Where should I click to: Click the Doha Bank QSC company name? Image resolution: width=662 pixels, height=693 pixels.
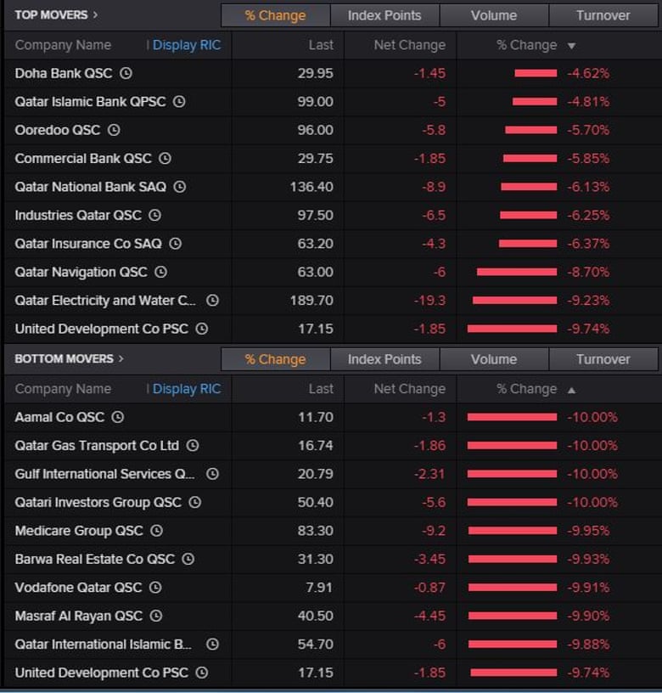(x=63, y=73)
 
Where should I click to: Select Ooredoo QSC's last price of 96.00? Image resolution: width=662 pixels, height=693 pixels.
(x=315, y=130)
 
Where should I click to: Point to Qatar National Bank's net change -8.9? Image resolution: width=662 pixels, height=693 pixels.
(x=431, y=187)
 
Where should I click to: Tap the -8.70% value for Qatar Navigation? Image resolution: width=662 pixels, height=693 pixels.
(x=588, y=272)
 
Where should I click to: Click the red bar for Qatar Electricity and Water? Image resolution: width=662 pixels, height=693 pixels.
(x=514, y=301)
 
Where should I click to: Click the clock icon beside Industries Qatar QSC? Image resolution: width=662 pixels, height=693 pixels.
(x=154, y=215)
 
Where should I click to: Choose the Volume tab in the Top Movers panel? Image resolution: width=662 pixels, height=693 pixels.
(x=493, y=15)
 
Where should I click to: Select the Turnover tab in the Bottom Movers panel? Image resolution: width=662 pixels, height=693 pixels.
(x=603, y=359)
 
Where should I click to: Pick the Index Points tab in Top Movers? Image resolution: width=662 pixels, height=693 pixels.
(x=384, y=15)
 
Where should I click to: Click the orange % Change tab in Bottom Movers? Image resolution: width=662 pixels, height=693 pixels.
(x=275, y=359)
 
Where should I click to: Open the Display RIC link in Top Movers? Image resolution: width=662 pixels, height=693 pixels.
(x=186, y=45)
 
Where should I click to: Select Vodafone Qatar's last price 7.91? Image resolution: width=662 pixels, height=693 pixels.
(x=319, y=587)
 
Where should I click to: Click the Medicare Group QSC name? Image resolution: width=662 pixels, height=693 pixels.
(x=79, y=531)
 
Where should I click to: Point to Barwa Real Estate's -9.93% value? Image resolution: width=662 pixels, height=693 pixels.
(x=592, y=559)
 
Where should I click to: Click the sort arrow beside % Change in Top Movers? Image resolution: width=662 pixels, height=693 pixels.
(x=571, y=46)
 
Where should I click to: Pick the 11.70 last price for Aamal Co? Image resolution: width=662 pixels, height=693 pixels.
(x=316, y=417)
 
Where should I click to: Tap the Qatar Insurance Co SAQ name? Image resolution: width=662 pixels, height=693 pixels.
(x=87, y=244)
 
